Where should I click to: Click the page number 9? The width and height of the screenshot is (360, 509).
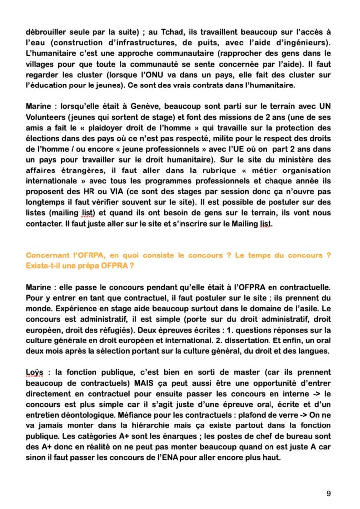pos(329,493)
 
